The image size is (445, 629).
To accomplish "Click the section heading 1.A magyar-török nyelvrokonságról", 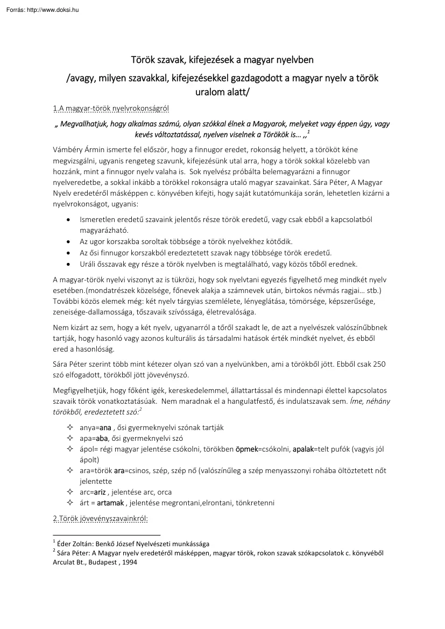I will pyautogui.click(x=111, y=108).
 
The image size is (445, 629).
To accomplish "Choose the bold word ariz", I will pyautogui.click(x=100, y=492).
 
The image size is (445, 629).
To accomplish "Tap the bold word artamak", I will pyautogui.click(x=110, y=503).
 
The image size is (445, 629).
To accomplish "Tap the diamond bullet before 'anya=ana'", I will pyautogui.click(x=69, y=427).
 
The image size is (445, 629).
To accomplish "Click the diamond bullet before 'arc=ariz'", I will pyautogui.click(x=69, y=492).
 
